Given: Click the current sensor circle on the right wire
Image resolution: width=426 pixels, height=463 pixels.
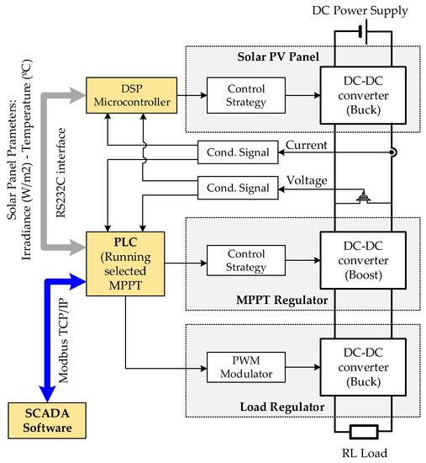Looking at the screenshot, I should point(392,152).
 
